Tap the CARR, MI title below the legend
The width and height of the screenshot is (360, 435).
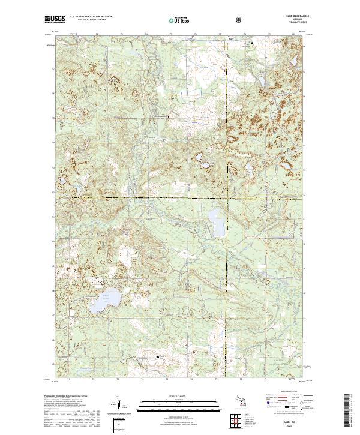[x=289, y=422]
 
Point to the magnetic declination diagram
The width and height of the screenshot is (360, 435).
[x=118, y=406]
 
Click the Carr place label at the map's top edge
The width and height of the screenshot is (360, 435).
[x=231, y=41]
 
